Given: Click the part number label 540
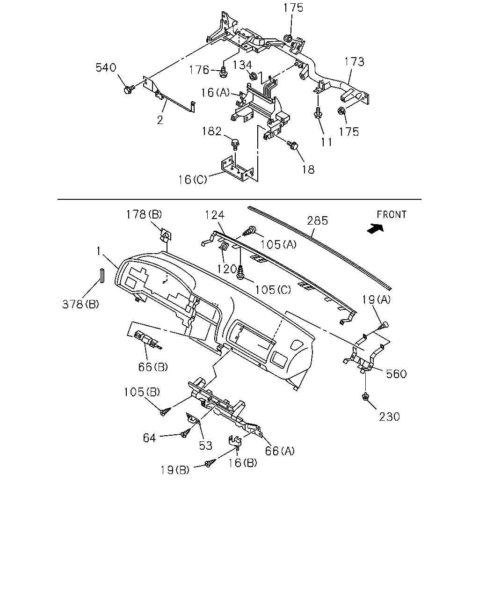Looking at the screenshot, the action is tap(106, 68).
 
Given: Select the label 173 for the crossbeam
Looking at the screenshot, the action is tap(354, 61).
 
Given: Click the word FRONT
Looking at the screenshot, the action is tap(392, 215).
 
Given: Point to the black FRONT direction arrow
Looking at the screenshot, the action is tap(376, 228).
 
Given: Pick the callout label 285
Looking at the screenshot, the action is tap(318, 221).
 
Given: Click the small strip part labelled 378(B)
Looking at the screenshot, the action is tap(102, 276).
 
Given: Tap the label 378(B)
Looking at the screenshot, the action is tap(80, 304).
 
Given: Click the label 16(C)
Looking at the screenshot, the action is tap(193, 180).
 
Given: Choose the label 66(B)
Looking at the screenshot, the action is tap(153, 367).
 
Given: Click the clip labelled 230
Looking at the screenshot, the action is tap(366, 396).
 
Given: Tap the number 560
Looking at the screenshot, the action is tap(396, 374).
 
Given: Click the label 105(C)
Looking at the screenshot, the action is tap(273, 290).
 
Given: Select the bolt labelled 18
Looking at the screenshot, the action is tap(292, 144).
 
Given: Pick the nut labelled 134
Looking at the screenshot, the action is tap(253, 75).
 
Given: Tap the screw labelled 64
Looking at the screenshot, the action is tap(186, 434).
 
